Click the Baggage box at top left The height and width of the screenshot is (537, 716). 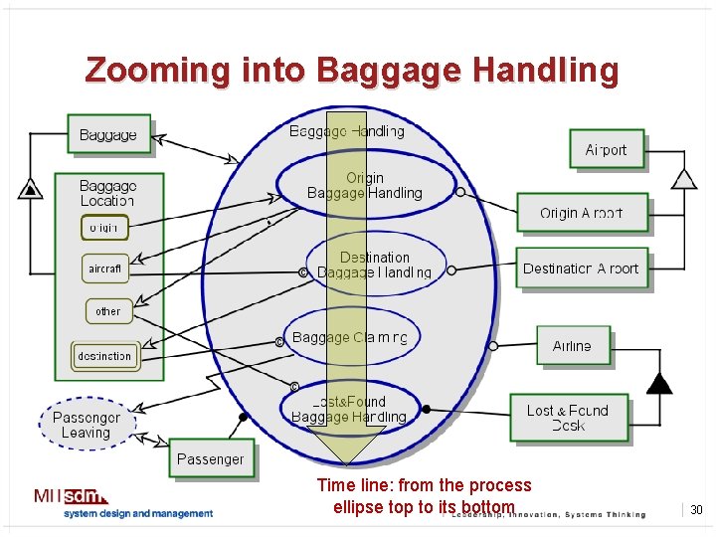[108, 135]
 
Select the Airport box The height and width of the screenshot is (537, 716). [606, 150]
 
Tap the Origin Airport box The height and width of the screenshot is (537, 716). [582, 213]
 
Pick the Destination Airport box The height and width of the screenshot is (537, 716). [582, 268]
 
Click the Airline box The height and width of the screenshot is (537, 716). [572, 346]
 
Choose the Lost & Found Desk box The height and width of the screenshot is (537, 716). [568, 418]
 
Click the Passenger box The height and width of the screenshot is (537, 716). [210, 458]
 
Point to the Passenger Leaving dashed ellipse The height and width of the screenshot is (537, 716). [87, 425]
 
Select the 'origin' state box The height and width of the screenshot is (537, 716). [103, 228]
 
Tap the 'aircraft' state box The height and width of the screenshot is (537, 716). [104, 268]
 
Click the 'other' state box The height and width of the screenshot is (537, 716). [107, 311]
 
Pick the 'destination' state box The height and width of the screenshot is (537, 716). [104, 355]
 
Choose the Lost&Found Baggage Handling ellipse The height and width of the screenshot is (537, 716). [349, 410]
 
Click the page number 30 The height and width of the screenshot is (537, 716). [696, 510]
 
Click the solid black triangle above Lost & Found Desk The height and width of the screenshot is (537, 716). [657, 383]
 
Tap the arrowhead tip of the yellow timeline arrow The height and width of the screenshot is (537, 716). [347, 463]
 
